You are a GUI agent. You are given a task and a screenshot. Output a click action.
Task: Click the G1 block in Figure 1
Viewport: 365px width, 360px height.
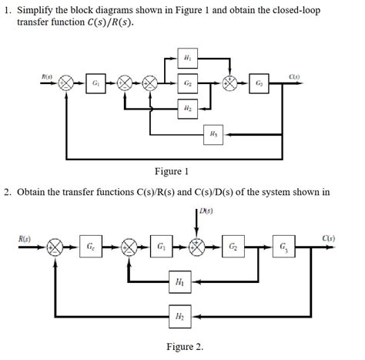[96, 82]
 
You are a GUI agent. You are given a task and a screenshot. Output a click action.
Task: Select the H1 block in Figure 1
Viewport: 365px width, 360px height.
[189, 59]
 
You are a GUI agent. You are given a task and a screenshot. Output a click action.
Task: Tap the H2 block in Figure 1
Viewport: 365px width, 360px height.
[189, 109]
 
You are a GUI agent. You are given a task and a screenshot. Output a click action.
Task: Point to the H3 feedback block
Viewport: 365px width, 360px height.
[213, 134]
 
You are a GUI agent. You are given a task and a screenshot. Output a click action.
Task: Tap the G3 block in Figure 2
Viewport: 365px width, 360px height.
[287, 247]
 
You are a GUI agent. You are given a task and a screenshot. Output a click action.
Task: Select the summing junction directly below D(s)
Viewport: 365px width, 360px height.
[199, 247]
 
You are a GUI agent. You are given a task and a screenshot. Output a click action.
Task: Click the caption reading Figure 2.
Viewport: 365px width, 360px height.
[184, 346]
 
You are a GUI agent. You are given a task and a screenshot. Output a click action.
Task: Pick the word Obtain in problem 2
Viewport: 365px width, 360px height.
[37, 190]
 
